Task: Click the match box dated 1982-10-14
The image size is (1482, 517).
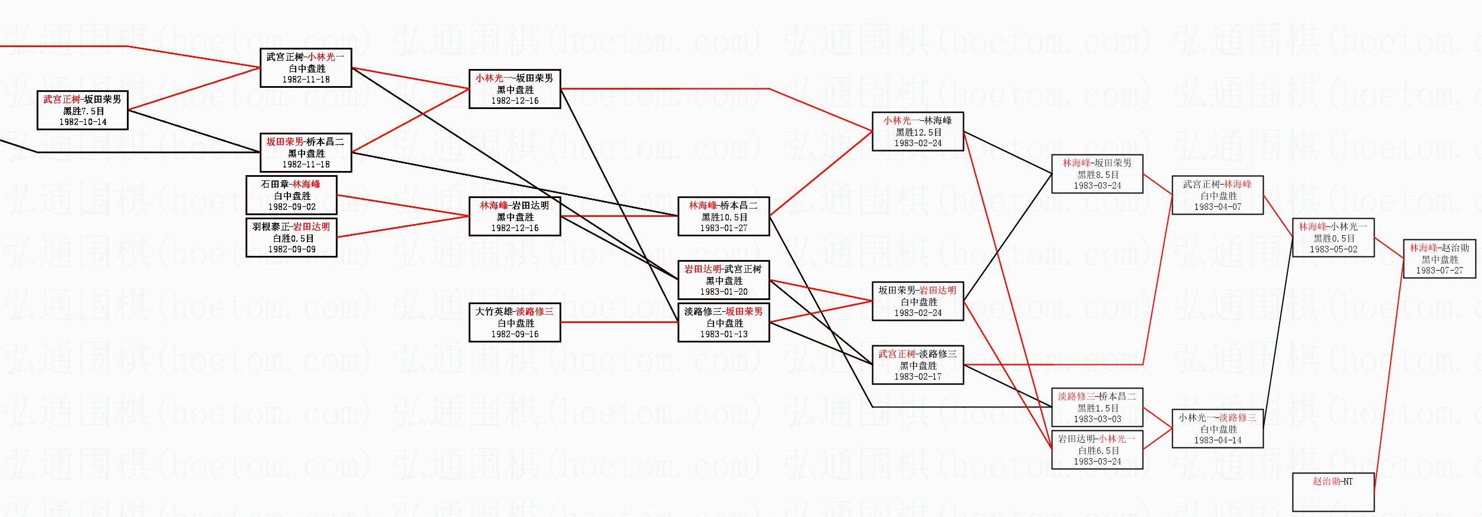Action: (83, 110)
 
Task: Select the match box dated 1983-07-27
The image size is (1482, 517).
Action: (1440, 259)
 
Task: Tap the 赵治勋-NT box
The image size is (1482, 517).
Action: (1333, 492)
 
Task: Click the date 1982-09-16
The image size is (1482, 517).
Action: (515, 334)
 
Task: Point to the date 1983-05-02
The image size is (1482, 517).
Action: (1333, 249)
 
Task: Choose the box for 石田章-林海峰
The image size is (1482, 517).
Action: (292, 195)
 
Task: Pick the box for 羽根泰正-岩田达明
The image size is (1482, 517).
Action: (292, 238)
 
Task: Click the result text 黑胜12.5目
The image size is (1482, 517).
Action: (918, 132)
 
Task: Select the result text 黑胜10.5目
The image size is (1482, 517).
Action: (724, 217)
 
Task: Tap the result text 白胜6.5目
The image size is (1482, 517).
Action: (1097, 450)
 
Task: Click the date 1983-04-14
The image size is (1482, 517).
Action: (1218, 440)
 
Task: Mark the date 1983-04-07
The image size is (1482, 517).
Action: (1218, 207)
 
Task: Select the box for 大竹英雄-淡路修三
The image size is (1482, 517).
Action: (515, 322)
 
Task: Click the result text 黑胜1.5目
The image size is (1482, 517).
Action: (1097, 408)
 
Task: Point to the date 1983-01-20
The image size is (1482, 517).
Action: (724, 292)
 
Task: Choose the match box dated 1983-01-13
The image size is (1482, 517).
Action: (724, 322)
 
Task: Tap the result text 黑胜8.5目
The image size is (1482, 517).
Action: (1097, 174)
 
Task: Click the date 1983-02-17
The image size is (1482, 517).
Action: (918, 377)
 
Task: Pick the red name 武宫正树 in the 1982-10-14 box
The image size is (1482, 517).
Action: (61, 99)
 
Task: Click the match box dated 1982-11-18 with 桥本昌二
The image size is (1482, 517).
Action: (306, 153)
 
